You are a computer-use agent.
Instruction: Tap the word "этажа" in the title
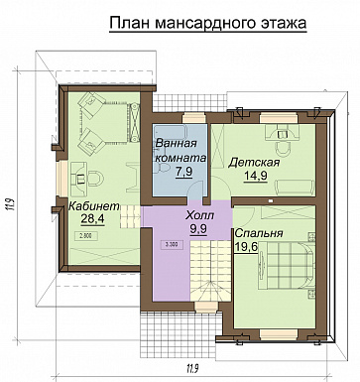pyautogui.click(x=277, y=21)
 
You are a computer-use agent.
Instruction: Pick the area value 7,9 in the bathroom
pyautogui.click(x=182, y=171)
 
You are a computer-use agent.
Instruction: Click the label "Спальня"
pyautogui.click(x=257, y=234)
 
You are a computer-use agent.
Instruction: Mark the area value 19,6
pyautogui.click(x=257, y=249)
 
